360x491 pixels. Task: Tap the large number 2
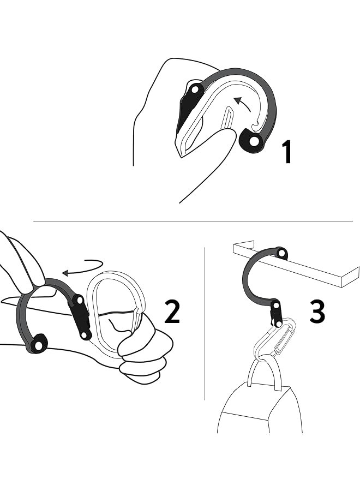pyautogui.click(x=172, y=312)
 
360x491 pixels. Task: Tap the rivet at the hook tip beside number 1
pyautogui.click(x=254, y=141)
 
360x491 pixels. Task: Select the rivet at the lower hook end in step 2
pyautogui.click(x=38, y=345)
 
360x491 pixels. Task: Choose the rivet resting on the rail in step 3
pyautogui.click(x=281, y=253)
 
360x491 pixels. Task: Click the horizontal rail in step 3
pyautogui.click(x=305, y=267)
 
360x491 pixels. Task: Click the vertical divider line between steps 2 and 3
pyautogui.click(x=205, y=327)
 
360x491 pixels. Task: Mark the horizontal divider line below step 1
pyautogui.click(x=191, y=221)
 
